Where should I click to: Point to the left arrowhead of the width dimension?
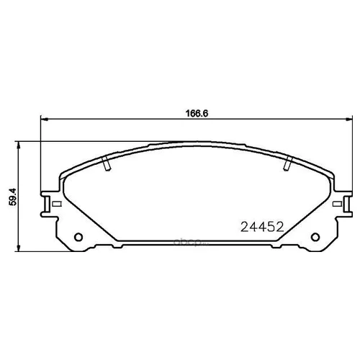pyautogui.click(x=41, y=119)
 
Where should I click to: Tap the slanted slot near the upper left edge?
pyautogui.click(x=107, y=165)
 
